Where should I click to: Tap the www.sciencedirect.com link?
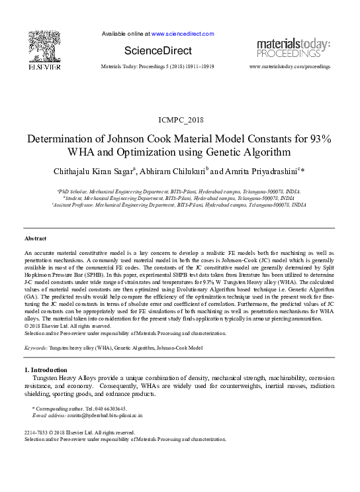tap(183, 33)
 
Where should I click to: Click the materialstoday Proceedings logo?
tap(293, 48)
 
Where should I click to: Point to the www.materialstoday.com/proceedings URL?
tap(290, 67)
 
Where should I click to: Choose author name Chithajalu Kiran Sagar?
tap(102, 171)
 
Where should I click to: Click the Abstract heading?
tap(36, 238)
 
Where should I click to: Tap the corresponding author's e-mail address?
tap(105, 415)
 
